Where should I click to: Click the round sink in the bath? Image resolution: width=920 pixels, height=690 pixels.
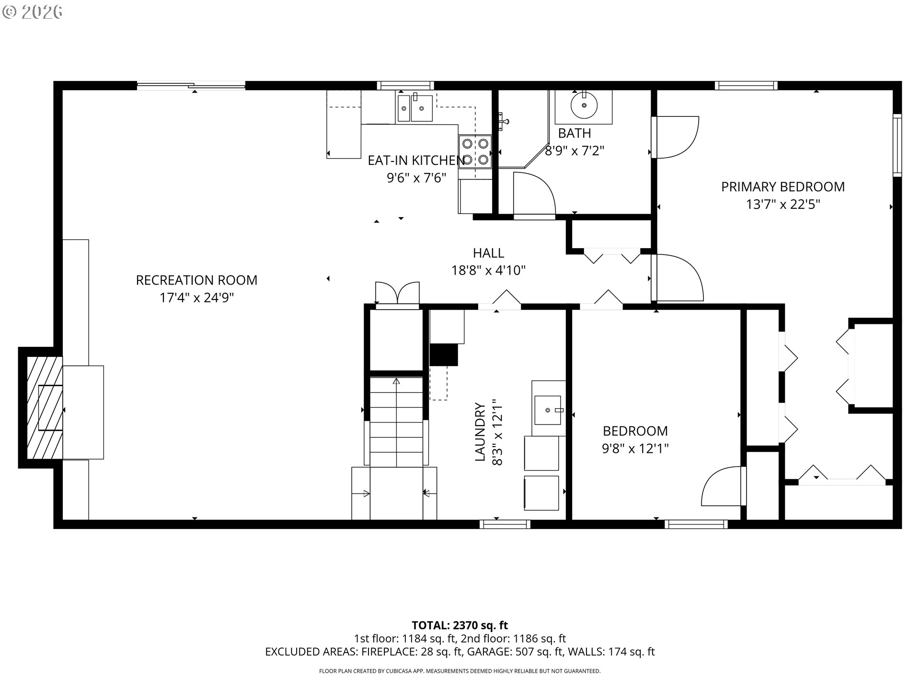pos(584,104)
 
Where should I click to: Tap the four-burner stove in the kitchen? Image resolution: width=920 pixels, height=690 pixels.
pos(475,151)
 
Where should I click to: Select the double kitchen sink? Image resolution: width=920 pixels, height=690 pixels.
pos(414,108)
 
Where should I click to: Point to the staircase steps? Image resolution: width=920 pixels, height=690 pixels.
pos(396,422)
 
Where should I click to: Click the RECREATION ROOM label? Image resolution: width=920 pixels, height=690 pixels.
pos(196,280)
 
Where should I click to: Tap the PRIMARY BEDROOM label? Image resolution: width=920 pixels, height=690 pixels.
pos(783,186)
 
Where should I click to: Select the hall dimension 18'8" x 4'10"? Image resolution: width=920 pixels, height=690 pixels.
pos(488,271)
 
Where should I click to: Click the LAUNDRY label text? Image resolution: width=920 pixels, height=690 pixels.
pos(480,432)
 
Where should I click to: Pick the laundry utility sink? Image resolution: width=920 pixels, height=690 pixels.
pos(548,410)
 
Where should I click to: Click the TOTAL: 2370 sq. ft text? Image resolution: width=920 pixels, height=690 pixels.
pos(460,625)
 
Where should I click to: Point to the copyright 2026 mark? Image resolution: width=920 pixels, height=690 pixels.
pos(32,12)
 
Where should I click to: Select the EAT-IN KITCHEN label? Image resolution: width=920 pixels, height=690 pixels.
pos(416,160)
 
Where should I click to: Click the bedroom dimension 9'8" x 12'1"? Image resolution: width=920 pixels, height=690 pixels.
pos(635,448)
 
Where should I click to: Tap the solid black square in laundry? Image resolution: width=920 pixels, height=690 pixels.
pos(444,355)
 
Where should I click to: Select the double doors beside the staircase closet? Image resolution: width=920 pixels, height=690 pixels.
pos(397,292)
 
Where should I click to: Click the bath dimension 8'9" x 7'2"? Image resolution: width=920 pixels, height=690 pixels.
pos(575,151)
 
